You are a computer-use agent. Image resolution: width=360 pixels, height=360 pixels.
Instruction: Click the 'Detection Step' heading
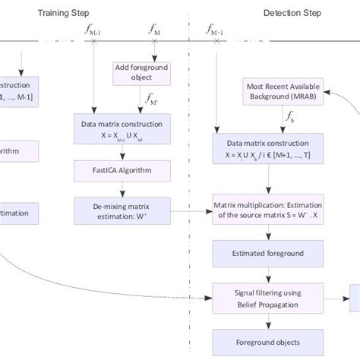click(x=292, y=13)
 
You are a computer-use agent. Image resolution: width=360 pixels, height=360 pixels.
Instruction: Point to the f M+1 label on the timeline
click(x=214, y=30)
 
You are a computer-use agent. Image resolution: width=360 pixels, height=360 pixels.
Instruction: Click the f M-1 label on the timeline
click(x=94, y=30)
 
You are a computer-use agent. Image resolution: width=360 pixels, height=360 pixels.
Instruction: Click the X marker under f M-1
click(x=94, y=41)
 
